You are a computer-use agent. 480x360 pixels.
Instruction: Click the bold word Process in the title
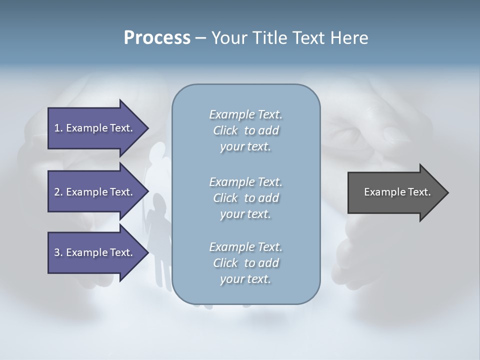[157, 38]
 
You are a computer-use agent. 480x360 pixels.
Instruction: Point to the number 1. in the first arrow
[58, 128]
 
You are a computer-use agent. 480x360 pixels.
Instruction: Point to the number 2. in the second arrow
[58, 192]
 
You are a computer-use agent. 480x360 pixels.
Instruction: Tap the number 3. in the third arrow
[58, 252]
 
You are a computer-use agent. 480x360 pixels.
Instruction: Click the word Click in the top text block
[225, 130]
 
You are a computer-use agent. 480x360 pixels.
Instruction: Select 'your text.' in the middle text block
[245, 214]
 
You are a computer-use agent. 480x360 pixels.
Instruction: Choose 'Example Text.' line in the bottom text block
[245, 247]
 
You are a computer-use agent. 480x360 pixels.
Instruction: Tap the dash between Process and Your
[200, 38]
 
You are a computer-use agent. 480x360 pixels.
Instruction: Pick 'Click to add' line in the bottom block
[245, 263]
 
